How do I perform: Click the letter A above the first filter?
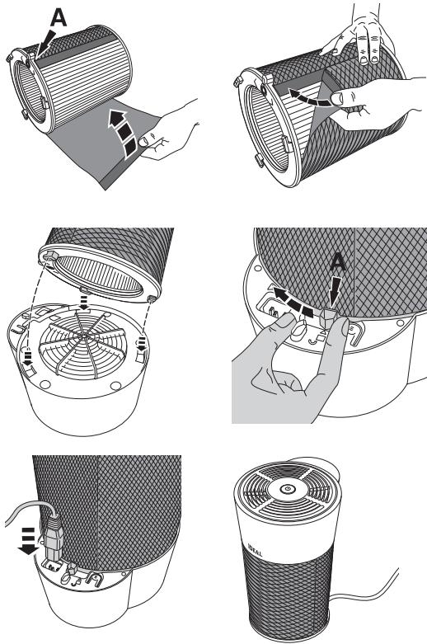(59, 18)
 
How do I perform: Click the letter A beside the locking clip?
(337, 262)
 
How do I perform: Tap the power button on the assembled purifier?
(287, 489)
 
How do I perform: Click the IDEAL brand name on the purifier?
(256, 550)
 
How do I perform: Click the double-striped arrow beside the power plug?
(29, 539)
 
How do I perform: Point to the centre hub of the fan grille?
(83, 336)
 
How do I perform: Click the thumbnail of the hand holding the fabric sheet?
(144, 142)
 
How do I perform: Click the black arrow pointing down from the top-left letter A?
(45, 43)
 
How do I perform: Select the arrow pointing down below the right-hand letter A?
(335, 288)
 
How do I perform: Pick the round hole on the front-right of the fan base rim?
(115, 386)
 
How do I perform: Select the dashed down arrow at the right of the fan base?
(141, 343)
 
